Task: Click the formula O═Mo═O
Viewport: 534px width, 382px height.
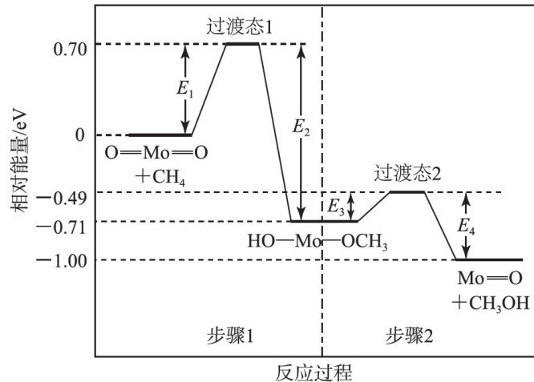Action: pos(150,152)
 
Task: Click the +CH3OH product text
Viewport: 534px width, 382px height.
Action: pos(489,304)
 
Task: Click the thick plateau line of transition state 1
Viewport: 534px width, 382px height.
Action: pos(241,43)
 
